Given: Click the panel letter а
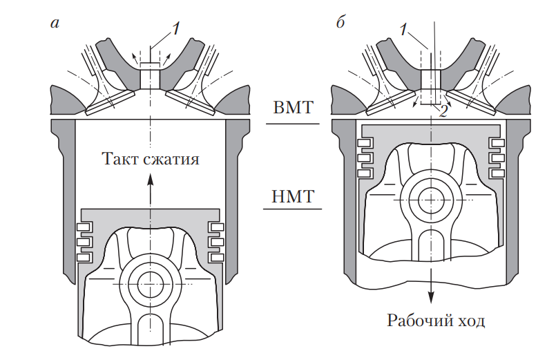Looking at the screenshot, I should point(55,23).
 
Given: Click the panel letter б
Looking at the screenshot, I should point(340,23).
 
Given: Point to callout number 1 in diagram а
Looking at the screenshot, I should point(175,28).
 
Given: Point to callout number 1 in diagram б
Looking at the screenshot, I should point(403,28).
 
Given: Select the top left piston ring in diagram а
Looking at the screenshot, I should point(84,227).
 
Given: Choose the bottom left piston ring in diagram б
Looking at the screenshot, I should point(364,172).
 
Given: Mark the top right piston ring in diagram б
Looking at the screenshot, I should point(496,144).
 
